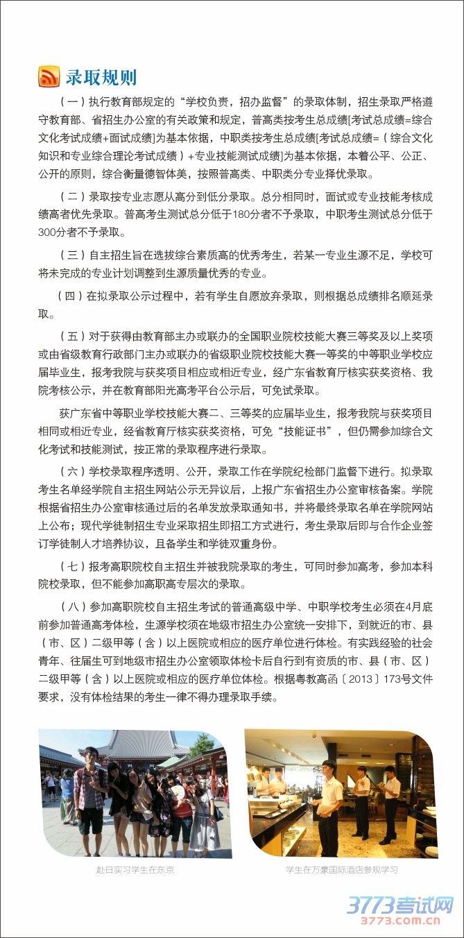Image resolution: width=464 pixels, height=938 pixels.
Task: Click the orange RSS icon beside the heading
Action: pos(49,76)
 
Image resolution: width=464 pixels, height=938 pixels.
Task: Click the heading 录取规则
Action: pos(101,76)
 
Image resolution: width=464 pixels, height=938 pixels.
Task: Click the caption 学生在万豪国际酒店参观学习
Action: pos(341,869)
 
